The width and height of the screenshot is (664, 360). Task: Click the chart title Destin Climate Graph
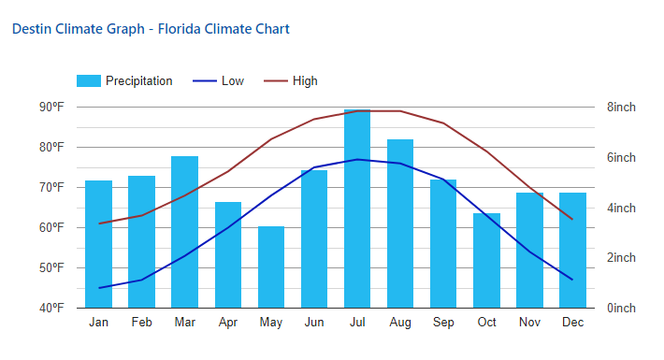pos(150,29)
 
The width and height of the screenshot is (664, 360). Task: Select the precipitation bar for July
pos(357,209)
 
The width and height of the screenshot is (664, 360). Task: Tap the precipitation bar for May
pos(271,267)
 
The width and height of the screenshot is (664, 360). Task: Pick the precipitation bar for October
pos(486,261)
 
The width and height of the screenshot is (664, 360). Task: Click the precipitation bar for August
pos(400,223)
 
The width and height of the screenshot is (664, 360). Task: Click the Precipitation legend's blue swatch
pos(88,81)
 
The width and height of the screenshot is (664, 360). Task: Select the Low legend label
pos(233,81)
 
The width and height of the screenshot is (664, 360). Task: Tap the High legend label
pos(305,81)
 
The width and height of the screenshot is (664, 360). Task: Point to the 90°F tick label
pos(51,108)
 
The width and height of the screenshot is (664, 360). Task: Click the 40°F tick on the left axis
pos(51,308)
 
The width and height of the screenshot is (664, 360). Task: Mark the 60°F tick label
pos(51,227)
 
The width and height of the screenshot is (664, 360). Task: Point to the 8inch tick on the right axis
pos(621,108)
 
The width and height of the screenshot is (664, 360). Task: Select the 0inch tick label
pos(621,308)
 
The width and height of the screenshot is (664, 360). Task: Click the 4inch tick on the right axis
pos(621,208)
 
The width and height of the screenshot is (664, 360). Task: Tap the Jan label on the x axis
pos(98,323)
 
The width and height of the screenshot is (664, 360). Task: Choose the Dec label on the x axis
pos(572,323)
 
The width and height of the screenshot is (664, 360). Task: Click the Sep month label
pos(443,323)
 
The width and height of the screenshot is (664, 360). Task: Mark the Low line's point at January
pos(98,288)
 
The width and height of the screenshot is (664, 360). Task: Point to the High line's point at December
pos(572,220)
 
